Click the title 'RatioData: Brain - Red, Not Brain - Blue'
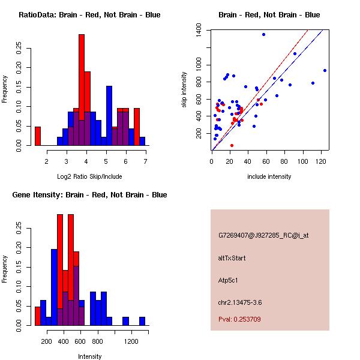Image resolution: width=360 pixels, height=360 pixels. click(x=89, y=14)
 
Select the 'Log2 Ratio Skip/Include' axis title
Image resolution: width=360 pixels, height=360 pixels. click(x=89, y=176)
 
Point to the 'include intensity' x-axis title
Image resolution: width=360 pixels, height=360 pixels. click(x=269, y=176)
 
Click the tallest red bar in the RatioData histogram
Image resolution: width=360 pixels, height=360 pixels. click(x=82, y=90)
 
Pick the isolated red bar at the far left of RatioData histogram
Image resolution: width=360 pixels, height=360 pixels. click(x=38, y=136)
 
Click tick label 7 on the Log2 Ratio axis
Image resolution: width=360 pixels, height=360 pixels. click(x=145, y=161)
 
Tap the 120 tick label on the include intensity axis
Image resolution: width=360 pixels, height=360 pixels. click(x=322, y=161)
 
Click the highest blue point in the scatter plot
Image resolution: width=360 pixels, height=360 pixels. click(x=263, y=34)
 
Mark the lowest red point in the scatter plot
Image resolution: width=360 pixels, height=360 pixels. click(x=232, y=145)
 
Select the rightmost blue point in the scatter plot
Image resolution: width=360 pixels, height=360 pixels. click(x=325, y=70)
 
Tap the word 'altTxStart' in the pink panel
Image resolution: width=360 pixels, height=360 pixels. click(x=232, y=258)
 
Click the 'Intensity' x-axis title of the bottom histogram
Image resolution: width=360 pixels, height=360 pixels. click(x=89, y=356)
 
